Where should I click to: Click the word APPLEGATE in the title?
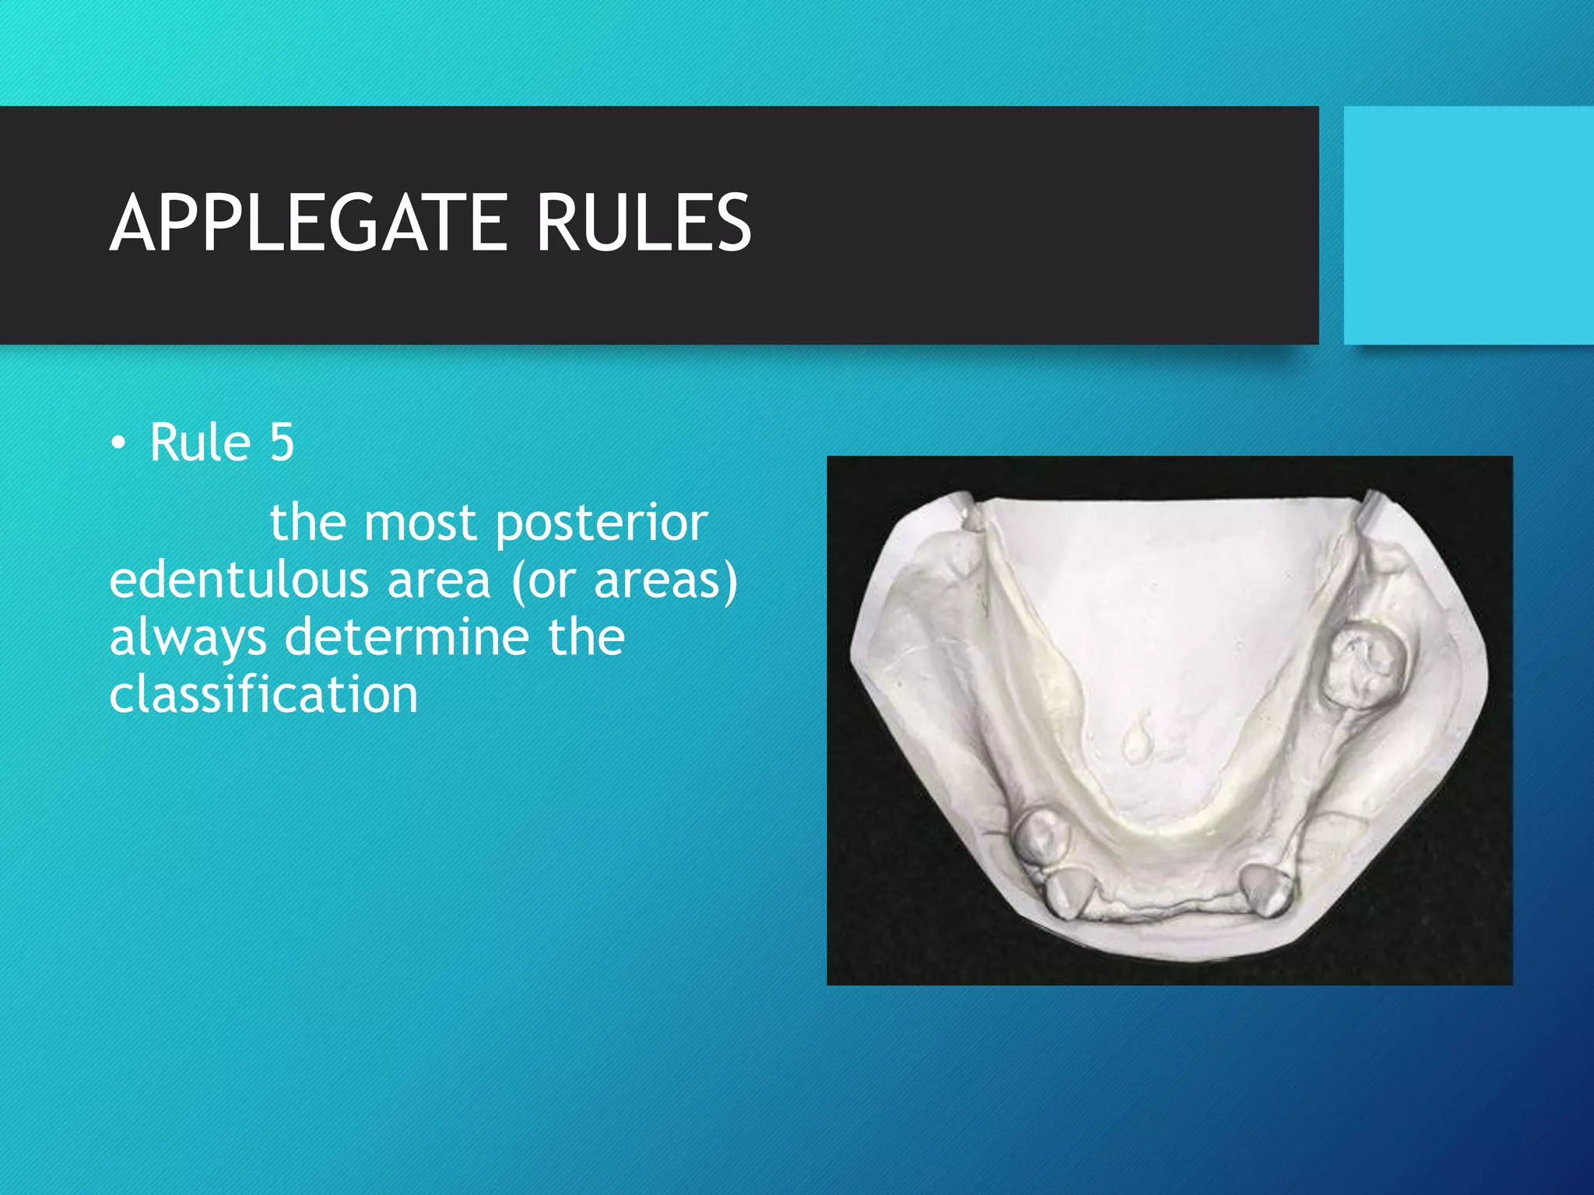(310, 223)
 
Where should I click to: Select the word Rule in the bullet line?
(200, 443)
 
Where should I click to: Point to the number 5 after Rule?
(282, 443)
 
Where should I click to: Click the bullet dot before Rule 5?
(118, 444)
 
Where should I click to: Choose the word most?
(420, 523)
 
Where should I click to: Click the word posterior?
(602, 523)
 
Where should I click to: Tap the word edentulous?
(238, 580)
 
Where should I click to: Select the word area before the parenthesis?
(439, 580)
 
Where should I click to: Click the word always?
(188, 638)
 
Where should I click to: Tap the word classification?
(263, 694)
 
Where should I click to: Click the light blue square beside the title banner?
(1469, 225)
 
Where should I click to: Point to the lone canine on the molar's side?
(1265, 888)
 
